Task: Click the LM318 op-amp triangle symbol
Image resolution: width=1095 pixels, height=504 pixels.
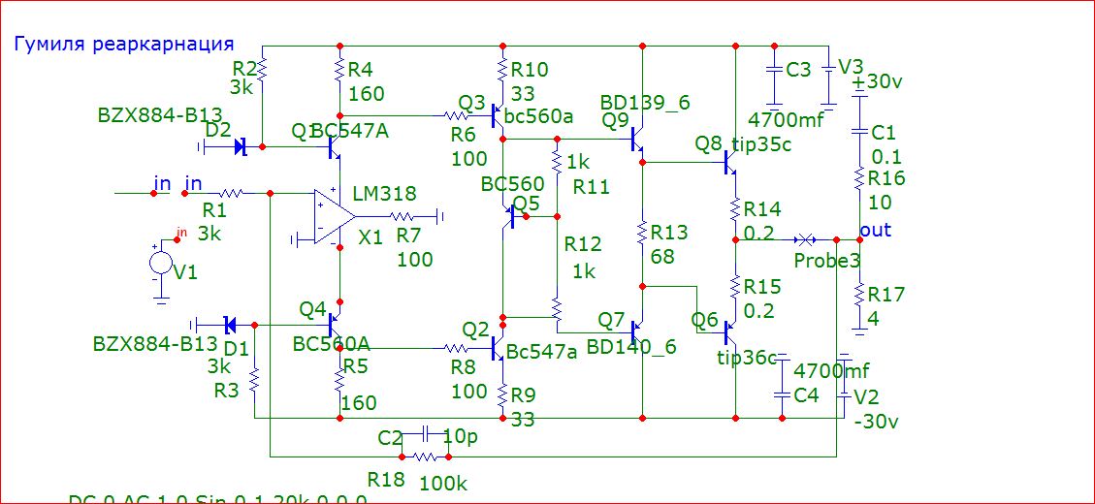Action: coord(328,216)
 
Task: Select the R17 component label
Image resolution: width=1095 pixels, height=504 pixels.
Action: coord(881,294)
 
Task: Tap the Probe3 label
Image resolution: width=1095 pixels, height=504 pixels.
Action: coord(826,262)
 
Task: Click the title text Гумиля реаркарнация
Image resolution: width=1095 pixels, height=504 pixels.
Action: coord(123,44)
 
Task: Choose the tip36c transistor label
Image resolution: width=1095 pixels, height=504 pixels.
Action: coord(747,360)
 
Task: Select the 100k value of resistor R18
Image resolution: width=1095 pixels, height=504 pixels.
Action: coord(441,482)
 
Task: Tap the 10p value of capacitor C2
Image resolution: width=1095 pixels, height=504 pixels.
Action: coord(460,437)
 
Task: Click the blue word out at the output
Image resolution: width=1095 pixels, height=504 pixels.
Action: coord(876,231)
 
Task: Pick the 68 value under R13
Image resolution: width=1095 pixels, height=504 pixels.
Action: coord(662,257)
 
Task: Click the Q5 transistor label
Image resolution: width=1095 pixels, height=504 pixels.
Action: coord(526,203)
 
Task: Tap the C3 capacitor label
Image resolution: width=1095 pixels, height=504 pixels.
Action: coord(798,70)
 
